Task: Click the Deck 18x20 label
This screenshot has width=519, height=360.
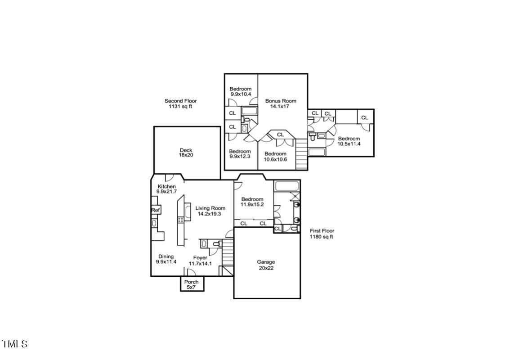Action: (186, 153)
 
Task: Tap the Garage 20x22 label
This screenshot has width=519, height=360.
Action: (266, 265)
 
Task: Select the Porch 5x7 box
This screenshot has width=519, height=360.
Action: (192, 284)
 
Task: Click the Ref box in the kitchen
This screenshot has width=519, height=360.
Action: (156, 210)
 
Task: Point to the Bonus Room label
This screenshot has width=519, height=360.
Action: (280, 104)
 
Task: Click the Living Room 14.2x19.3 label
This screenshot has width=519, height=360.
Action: (210, 211)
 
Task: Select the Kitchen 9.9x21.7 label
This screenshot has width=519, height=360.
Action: (166, 189)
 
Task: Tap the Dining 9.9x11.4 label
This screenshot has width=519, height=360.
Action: (166, 259)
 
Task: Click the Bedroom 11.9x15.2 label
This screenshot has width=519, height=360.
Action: (252, 202)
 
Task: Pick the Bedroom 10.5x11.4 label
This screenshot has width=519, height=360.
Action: (349, 141)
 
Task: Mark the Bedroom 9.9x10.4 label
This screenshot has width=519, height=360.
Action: (240, 92)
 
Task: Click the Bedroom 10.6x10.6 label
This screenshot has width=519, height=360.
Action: (275, 157)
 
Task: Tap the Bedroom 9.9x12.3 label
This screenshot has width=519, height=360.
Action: (240, 154)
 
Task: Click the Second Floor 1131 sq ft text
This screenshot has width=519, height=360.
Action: (180, 104)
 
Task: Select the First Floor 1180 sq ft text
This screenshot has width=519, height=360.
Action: (322, 234)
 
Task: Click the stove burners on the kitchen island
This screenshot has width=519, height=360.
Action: (181, 220)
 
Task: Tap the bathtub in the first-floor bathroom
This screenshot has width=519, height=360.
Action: (286, 186)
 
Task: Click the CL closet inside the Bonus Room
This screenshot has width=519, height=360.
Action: (280, 135)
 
